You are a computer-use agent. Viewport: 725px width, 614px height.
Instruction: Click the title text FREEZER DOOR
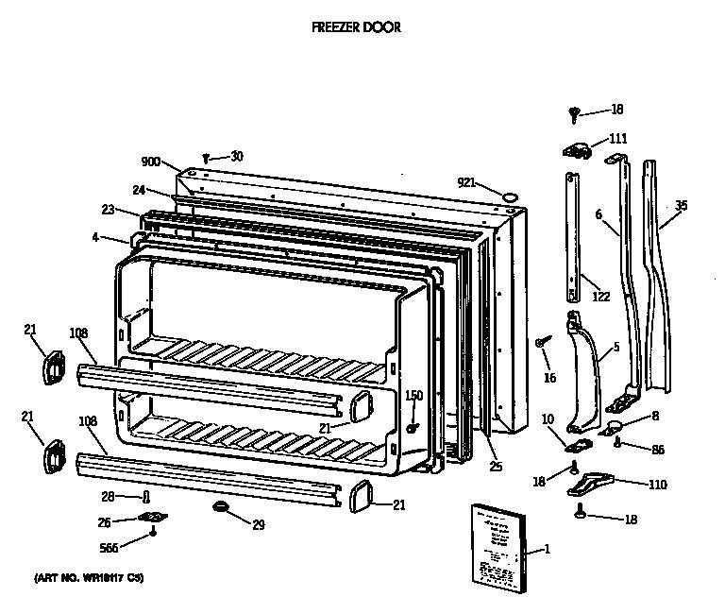coord(356,27)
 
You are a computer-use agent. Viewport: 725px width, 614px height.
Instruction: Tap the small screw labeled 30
coord(205,159)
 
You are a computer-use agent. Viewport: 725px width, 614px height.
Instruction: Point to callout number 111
coord(617,139)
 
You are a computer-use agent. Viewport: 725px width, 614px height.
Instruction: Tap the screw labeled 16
coord(542,342)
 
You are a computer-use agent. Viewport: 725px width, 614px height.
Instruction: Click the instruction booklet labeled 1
coord(497,549)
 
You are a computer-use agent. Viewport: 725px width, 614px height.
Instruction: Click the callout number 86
coord(658,449)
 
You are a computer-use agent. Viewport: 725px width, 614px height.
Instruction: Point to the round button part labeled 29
coord(222,508)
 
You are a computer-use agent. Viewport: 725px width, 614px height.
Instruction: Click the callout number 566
coord(110,548)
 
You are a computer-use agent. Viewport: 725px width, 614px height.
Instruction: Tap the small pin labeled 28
coord(145,497)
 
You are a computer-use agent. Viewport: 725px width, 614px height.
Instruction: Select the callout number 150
coord(414,395)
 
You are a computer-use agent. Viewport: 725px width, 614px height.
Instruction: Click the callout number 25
coord(496,466)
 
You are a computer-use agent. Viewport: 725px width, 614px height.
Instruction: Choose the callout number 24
coord(138,190)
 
